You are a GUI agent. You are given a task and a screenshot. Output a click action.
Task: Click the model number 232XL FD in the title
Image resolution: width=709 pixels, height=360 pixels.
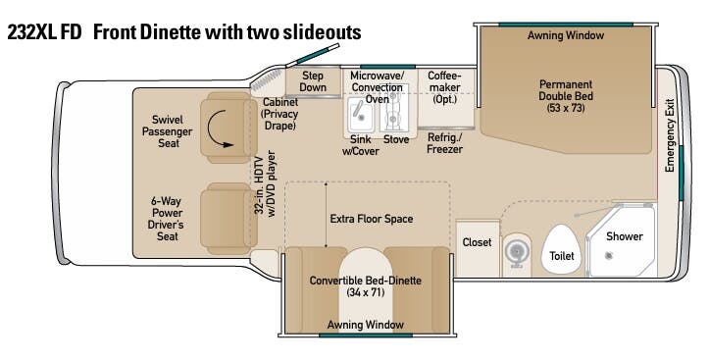pyautogui.click(x=44, y=32)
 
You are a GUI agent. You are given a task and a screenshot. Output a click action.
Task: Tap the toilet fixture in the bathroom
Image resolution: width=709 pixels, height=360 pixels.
pyautogui.click(x=561, y=249)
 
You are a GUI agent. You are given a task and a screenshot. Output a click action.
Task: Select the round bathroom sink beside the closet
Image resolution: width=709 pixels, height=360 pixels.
pyautogui.click(x=515, y=250)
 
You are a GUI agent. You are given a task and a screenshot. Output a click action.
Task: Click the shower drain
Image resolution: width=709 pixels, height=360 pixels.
pyautogui.click(x=609, y=256)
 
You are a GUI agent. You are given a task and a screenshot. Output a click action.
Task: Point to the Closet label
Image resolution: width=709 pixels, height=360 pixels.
pyautogui.click(x=477, y=242)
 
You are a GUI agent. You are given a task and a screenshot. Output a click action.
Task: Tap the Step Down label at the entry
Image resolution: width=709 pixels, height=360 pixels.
pyautogui.click(x=313, y=81)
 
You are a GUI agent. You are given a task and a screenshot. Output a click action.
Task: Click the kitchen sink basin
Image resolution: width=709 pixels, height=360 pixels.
pyautogui.click(x=360, y=115)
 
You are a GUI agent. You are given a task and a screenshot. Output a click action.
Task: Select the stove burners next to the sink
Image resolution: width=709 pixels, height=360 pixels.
pyautogui.click(x=392, y=108)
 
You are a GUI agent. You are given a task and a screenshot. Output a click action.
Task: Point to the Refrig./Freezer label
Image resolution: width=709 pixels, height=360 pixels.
pyautogui.click(x=445, y=143)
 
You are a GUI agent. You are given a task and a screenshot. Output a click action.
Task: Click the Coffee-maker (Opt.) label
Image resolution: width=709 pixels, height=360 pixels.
pyautogui.click(x=444, y=87)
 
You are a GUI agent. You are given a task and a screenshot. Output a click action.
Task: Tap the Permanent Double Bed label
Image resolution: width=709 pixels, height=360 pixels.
pyautogui.click(x=566, y=96)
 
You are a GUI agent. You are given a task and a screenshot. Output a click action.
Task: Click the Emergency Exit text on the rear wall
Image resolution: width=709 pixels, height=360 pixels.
pyautogui.click(x=670, y=135)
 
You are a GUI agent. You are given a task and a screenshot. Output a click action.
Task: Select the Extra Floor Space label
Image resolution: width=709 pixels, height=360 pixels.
pyautogui.click(x=372, y=219)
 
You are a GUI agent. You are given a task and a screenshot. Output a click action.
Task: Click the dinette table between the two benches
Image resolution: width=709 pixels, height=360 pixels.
pyautogui.click(x=366, y=289)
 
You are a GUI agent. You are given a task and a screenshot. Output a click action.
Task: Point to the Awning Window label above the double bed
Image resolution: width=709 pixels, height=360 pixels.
pyautogui.click(x=566, y=35)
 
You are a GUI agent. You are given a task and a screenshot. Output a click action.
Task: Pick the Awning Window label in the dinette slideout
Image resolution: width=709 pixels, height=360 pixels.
pyautogui.click(x=366, y=325)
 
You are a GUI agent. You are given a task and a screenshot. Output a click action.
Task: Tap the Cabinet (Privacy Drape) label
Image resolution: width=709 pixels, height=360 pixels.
pyautogui.click(x=280, y=114)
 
